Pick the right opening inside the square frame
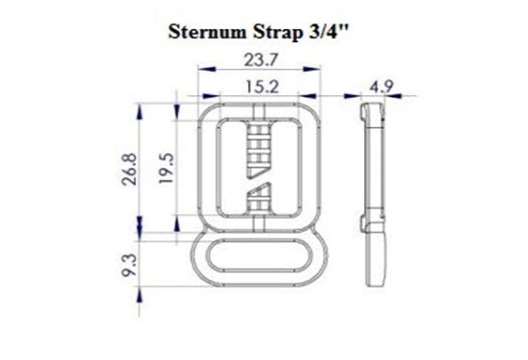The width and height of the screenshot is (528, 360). click(284, 170)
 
